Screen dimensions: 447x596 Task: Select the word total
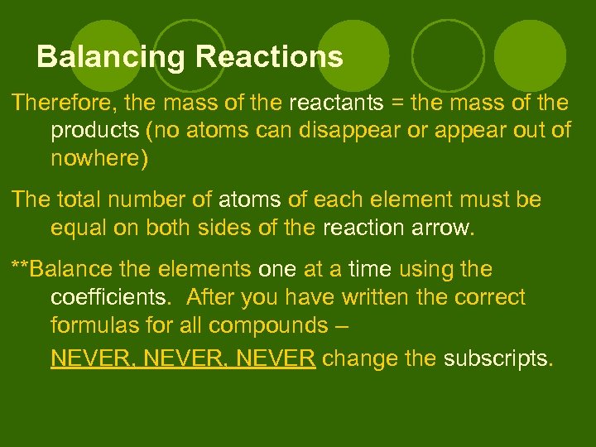[85, 199]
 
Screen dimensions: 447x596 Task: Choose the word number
[163, 199]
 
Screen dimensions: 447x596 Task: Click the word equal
[78, 227]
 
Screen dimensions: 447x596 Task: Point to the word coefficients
[110, 297]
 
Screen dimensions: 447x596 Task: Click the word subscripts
[496, 358]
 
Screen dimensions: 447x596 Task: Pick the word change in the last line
[356, 358]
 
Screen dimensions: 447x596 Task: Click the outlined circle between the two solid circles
[448, 55]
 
